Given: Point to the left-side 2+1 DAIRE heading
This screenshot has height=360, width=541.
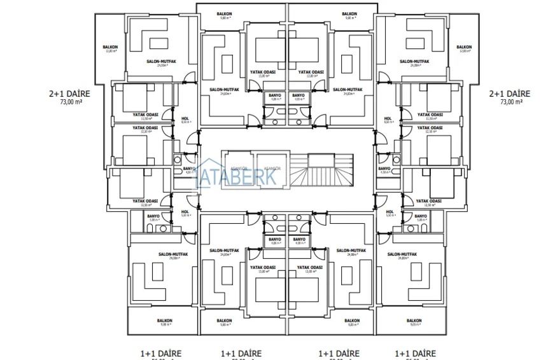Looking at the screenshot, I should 66,93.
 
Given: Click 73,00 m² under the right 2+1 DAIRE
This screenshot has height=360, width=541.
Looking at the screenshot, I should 511,102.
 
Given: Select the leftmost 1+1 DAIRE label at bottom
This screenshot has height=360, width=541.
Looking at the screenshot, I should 161,353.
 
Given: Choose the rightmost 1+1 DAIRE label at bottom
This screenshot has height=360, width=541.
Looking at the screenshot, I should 415,353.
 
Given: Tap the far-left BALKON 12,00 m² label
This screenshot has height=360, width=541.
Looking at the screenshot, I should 110,48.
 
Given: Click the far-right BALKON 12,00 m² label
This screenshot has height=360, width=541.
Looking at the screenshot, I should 464,48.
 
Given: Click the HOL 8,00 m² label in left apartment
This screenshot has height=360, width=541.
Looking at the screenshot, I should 185,120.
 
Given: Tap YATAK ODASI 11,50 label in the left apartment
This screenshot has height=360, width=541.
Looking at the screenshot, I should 145,116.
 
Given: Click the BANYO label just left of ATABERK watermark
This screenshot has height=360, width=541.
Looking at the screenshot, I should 189,170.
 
